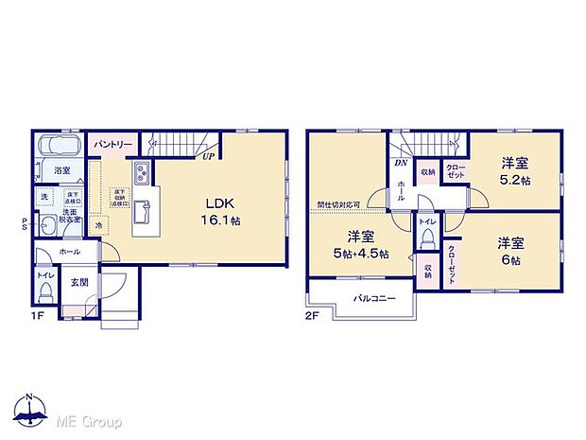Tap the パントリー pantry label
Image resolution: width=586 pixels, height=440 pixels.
coord(112,144)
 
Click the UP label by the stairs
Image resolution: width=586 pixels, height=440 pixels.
coord(205,157)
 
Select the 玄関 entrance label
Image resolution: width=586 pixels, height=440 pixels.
coord(78,282)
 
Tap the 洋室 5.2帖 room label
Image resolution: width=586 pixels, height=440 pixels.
coord(515,170)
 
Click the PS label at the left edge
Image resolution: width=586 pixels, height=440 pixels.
coord(25,225)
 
